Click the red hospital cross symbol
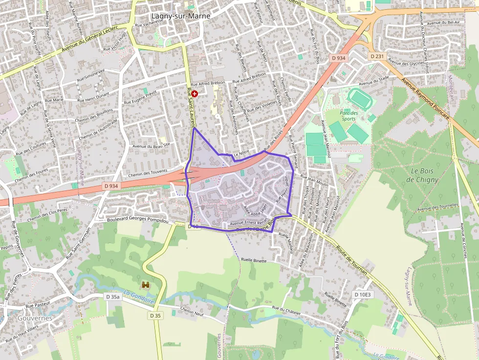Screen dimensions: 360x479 pos(195,93)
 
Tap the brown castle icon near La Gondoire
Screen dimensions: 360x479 pos(146,284)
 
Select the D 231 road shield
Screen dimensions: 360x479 pos(376,56)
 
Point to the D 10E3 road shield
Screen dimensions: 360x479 pos(363,295)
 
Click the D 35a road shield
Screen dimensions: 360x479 pos(112,296)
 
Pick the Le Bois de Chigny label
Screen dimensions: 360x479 pos(422,175)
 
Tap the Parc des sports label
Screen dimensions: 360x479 pos(348,115)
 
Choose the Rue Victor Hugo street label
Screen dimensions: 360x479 pos(115,42)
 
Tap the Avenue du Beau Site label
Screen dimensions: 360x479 pos(151,145)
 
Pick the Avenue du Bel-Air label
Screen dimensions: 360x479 pos(443,23)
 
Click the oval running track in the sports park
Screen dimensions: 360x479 pos(361,99)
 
